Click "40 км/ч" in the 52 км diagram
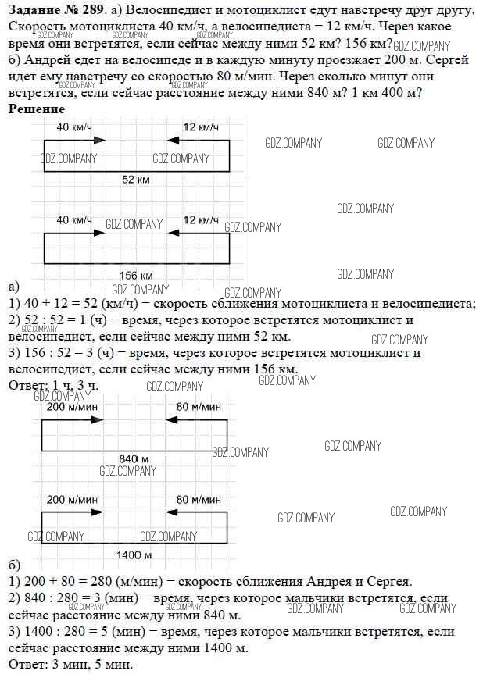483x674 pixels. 73,127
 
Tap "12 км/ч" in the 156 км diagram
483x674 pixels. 200,220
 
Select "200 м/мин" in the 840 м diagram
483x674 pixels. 71,406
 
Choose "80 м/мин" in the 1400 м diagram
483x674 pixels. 199,500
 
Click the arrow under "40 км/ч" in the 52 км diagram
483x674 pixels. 74,141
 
